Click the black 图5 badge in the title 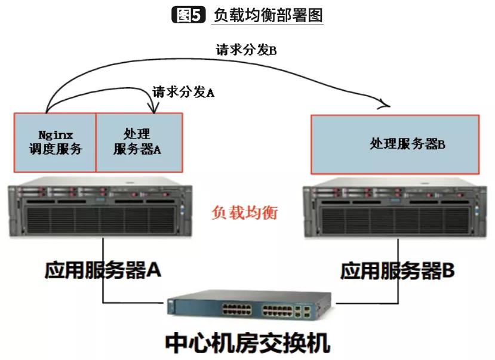[189, 14]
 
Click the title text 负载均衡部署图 [268, 15]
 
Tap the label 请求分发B [246, 50]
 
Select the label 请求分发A [183, 92]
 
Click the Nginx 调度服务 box [55, 143]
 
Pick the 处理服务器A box [139, 143]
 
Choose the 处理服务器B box [395, 144]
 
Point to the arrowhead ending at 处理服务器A [153, 109]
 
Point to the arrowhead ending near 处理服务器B [386, 105]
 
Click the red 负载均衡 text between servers [245, 212]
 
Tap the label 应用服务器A [103, 270]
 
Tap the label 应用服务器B [398, 270]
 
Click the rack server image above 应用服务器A [100, 207]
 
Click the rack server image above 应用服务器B [395, 208]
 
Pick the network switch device [250, 304]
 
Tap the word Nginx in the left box [56, 136]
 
